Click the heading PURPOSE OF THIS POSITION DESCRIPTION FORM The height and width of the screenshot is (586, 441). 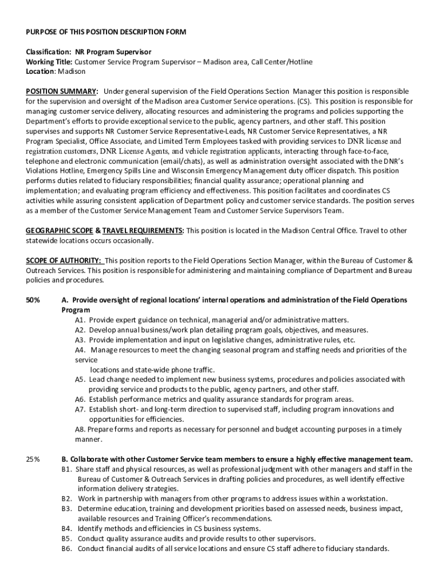106,31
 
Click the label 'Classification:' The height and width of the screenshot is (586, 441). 49,52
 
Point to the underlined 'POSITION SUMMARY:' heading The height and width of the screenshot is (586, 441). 62,92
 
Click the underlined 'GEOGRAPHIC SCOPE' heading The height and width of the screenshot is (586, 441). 59,231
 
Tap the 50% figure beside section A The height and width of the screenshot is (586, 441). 33,300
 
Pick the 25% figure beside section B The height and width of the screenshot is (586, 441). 33,459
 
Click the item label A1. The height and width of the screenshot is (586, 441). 80,320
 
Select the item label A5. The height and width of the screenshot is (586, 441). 80,379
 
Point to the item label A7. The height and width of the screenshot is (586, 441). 80,409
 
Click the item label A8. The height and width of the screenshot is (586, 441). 80,429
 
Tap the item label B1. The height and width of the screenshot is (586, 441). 66,469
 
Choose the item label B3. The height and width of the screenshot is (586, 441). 66,509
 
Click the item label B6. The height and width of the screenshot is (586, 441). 66,548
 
